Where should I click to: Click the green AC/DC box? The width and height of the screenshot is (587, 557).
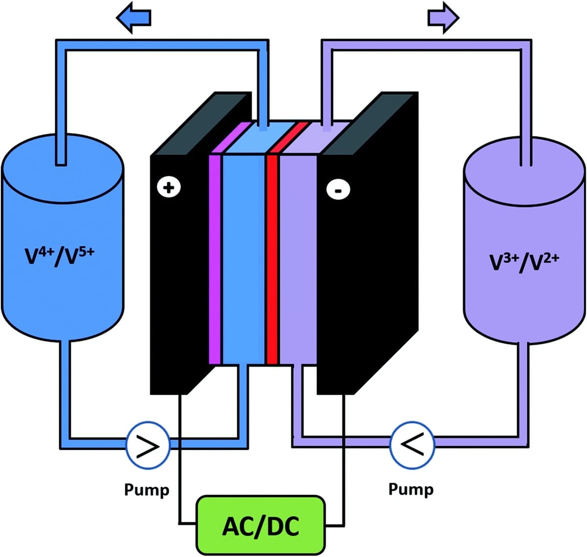(260, 525)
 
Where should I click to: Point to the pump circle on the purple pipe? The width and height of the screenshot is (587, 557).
(412, 445)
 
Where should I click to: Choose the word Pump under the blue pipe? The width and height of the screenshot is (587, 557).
(147, 489)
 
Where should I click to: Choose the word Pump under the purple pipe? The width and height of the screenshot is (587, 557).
(411, 489)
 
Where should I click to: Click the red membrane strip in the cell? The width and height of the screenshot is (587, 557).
(272, 259)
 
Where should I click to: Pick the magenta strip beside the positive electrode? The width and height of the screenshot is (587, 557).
(215, 259)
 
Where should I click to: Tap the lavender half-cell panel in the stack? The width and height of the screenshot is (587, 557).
(298, 259)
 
